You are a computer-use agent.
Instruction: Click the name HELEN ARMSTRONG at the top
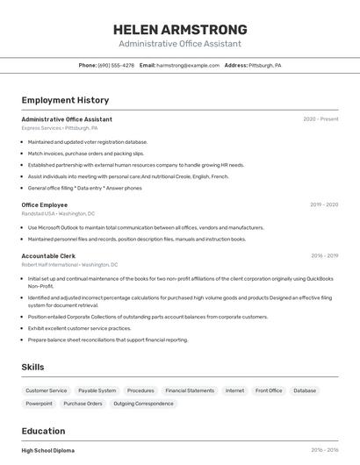tap(180, 29)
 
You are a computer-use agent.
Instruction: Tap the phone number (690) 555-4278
tap(116, 65)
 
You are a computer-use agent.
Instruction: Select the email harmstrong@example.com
tap(188, 65)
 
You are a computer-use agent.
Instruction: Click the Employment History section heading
tap(65, 100)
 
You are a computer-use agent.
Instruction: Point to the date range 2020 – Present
tap(320, 119)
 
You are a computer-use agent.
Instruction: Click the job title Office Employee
tap(44, 204)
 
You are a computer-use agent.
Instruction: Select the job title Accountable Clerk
tap(48, 256)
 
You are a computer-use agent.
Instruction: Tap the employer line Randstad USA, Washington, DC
tap(58, 213)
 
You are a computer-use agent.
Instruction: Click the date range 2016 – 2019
tap(324, 256)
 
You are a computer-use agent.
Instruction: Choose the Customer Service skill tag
tap(46, 390)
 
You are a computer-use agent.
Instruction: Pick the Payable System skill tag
tap(97, 390)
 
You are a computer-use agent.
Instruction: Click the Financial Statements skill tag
tap(190, 390)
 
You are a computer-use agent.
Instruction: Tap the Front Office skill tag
tap(269, 390)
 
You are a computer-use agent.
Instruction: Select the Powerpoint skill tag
tap(39, 404)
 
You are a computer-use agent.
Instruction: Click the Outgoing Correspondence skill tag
tap(143, 404)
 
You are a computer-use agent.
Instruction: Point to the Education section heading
tap(43, 431)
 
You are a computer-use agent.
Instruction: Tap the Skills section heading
tap(32, 367)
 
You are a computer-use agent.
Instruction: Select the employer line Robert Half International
tap(69, 264)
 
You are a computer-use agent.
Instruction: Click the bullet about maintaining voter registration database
tap(88, 142)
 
